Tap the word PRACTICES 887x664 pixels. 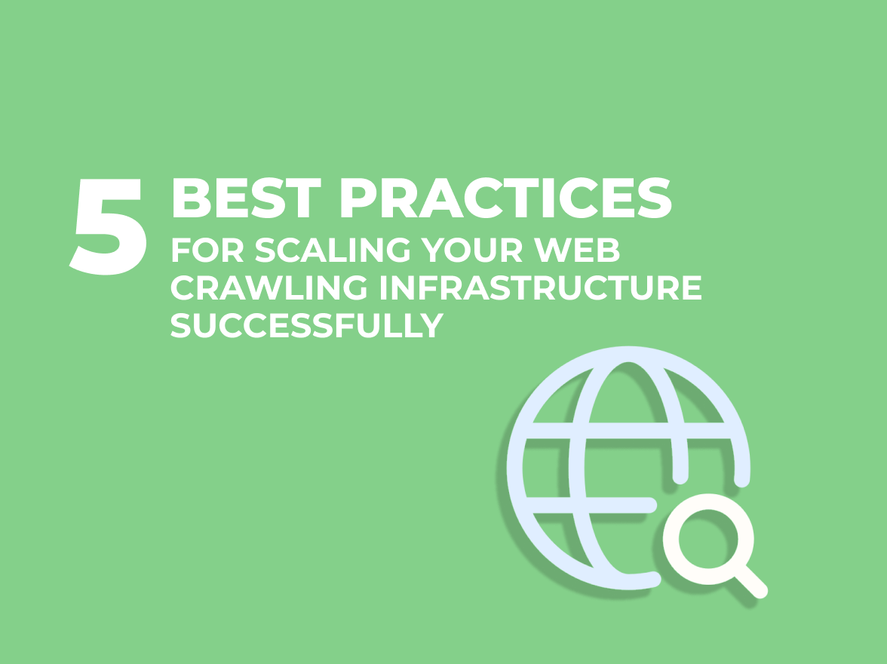coord(506,198)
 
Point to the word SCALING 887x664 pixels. coord(332,250)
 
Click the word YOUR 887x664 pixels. coord(471,250)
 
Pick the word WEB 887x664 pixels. coord(576,250)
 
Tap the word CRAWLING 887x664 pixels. coord(269,287)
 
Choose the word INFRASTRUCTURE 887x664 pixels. coord(540,287)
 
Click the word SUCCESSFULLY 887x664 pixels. coord(307,325)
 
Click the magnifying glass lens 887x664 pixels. coord(708,539)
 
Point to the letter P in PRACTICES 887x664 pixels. coord(359,198)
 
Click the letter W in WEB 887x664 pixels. coord(552,250)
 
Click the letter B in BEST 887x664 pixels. coord(192,198)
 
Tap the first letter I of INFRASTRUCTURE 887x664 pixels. coord(383,287)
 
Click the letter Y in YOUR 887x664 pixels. coord(433,250)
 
